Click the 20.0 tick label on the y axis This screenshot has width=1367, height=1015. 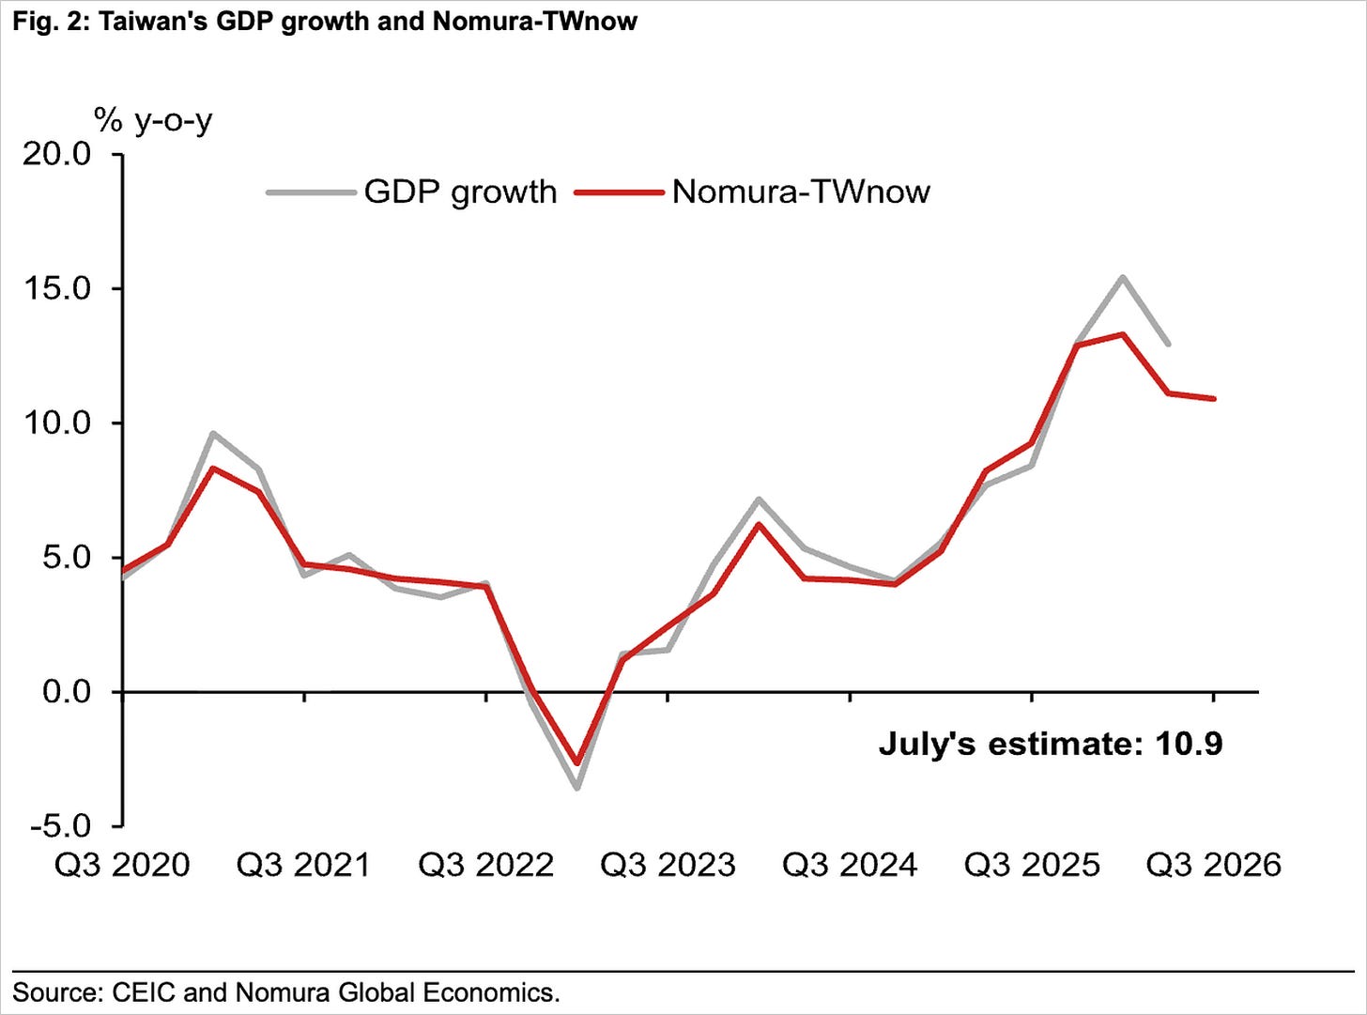(x=56, y=154)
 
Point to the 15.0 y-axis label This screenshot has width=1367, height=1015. (x=56, y=288)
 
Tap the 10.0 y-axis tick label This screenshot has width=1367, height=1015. (x=56, y=423)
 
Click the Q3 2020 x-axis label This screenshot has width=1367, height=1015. (x=122, y=865)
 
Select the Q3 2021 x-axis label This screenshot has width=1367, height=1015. (x=304, y=865)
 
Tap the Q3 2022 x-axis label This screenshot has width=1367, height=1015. (x=485, y=865)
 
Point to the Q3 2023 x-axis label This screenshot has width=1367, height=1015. (x=668, y=865)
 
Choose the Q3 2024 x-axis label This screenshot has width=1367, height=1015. (x=850, y=865)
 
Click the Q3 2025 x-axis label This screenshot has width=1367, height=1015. (x=1032, y=865)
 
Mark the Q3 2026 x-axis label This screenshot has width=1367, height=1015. (x=1214, y=865)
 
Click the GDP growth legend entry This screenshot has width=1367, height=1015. (x=412, y=192)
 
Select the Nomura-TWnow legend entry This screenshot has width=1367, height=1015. (x=752, y=192)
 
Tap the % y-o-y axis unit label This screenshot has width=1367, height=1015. (x=153, y=121)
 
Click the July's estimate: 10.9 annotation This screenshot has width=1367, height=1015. (x=1051, y=744)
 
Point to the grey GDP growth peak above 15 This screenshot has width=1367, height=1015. (x=1123, y=278)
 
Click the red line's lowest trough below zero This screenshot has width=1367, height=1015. (x=577, y=762)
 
